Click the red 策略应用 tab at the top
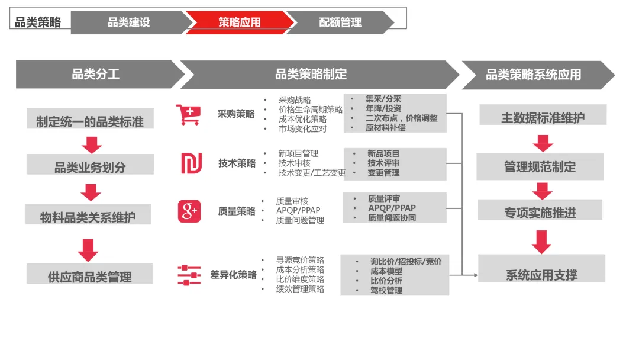(239, 22)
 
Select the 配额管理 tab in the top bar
(340, 22)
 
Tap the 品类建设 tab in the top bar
(128, 22)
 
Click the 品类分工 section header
(96, 75)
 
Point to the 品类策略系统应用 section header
(533, 75)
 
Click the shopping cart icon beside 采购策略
(188, 115)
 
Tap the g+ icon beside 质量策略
(189, 211)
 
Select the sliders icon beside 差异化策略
(189, 275)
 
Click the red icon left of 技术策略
(191, 163)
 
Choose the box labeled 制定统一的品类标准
(90, 122)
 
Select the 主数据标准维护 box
(543, 117)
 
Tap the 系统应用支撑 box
(541, 274)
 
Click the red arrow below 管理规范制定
(542, 191)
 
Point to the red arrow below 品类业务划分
(91, 192)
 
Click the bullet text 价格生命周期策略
(311, 110)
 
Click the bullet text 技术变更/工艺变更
(312, 173)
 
